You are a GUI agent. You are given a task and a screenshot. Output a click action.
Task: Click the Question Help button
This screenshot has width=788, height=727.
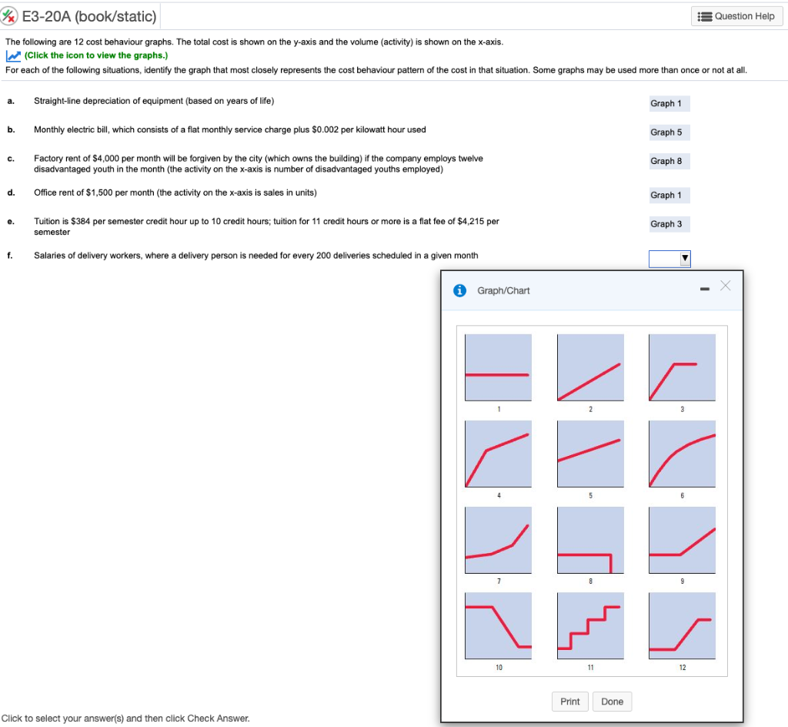(736, 16)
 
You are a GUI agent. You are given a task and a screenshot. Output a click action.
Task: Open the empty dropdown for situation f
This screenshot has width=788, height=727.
(669, 258)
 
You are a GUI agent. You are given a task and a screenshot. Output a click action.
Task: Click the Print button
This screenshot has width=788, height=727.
(570, 702)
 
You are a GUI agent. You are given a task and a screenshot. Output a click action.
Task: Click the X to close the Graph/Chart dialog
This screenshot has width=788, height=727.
(723, 286)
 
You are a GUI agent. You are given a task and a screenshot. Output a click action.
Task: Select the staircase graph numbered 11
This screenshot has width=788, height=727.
(589, 625)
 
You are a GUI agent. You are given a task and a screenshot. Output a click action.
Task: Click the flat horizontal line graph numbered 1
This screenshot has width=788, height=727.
(498, 367)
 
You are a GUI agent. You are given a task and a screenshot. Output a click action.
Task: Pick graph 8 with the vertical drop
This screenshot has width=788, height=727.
(589, 540)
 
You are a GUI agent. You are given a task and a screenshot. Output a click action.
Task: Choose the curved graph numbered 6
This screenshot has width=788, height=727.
(682, 454)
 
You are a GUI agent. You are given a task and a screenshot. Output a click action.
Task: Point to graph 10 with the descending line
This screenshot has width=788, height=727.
(498, 625)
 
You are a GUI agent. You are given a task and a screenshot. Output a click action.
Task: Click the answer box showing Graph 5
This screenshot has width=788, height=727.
(666, 132)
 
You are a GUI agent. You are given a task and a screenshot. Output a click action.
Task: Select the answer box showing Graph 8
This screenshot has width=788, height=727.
(666, 161)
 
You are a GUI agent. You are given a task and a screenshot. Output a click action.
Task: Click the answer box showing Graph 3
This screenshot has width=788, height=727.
(666, 224)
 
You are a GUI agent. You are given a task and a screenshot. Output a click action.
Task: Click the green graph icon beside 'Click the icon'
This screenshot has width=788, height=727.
(13, 55)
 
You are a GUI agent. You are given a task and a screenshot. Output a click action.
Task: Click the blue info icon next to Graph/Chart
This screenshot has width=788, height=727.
(460, 290)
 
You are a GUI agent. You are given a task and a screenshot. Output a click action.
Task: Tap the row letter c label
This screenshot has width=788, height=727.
(10, 159)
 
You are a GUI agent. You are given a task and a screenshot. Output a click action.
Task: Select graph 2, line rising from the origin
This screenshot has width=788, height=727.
(589, 367)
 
